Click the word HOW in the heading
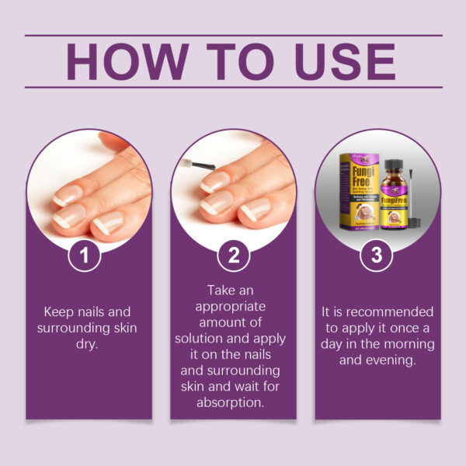click(125, 61)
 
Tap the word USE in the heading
click(340, 61)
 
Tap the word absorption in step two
click(233, 402)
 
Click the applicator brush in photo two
click(194, 164)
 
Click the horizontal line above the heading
click(233, 35)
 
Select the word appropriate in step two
click(233, 308)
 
